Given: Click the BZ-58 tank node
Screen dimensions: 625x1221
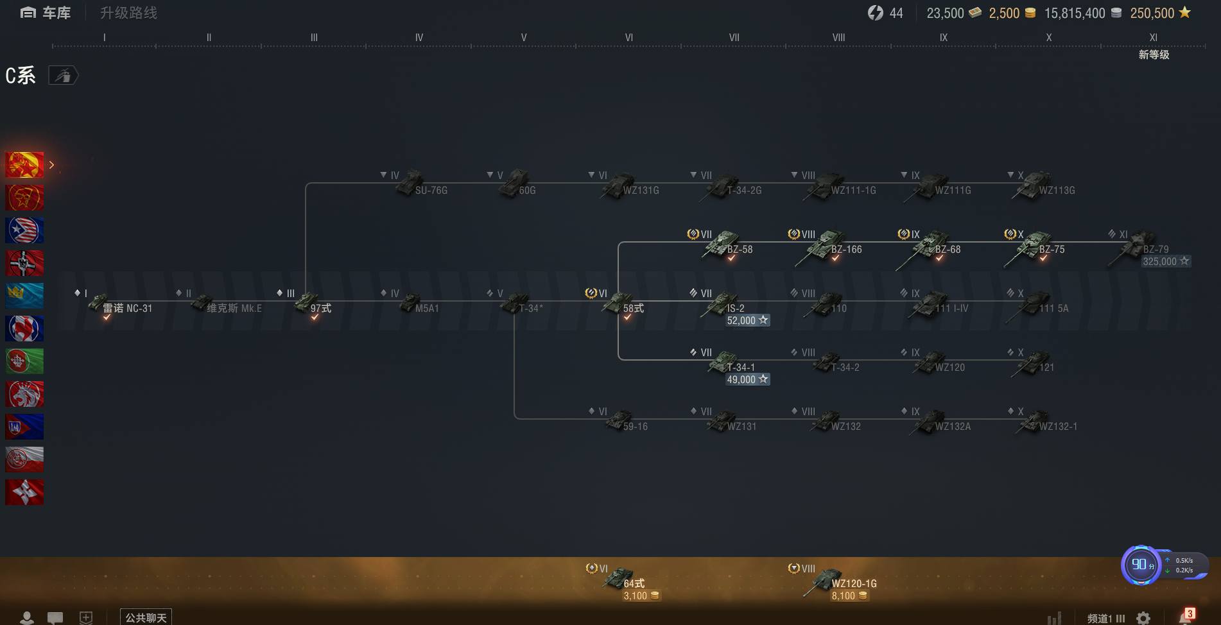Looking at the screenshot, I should coord(722,244).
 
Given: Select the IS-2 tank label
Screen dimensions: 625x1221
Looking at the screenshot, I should coord(736,308).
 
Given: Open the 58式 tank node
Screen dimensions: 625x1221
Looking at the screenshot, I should coord(619,304).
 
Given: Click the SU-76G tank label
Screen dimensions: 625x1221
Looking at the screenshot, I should coord(431,190).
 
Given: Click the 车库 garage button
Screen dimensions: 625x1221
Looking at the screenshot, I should coord(46,13).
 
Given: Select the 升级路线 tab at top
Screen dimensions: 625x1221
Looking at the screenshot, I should coord(128,13).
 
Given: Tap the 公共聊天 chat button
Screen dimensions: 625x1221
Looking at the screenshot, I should coord(146,617).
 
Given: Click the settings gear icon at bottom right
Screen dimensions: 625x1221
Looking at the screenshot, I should coord(1143,618).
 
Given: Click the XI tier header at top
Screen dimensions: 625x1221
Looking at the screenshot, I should coord(1153,37).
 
